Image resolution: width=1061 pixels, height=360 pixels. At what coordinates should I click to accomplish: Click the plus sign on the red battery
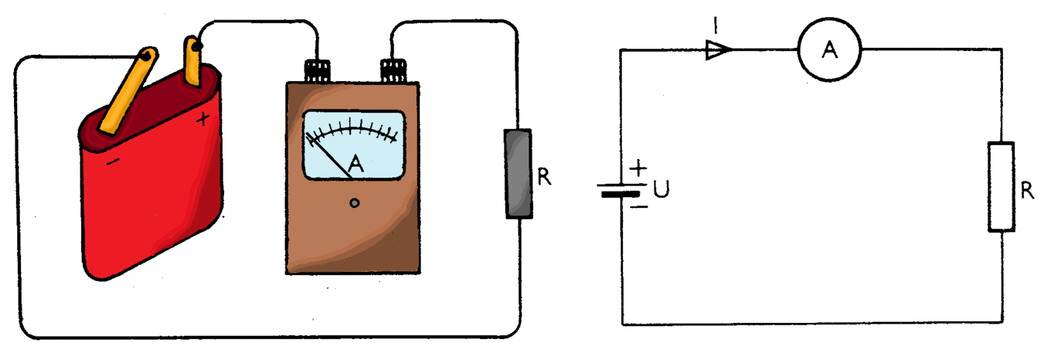click(202, 118)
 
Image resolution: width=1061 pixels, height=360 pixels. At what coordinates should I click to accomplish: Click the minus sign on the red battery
click(113, 162)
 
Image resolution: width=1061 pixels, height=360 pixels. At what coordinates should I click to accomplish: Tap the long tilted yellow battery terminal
click(128, 90)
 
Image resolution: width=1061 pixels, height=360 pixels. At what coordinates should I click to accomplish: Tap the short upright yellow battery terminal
click(192, 61)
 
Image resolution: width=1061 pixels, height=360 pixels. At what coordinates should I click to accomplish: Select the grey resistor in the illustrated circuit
click(519, 173)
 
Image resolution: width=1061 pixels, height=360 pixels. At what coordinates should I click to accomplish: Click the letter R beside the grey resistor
click(544, 177)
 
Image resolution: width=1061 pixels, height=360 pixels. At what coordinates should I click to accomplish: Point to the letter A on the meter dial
click(355, 164)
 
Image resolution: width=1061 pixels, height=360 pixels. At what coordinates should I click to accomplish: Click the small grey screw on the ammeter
click(354, 203)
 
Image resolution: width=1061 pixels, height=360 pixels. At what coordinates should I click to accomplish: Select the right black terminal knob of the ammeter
click(393, 71)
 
